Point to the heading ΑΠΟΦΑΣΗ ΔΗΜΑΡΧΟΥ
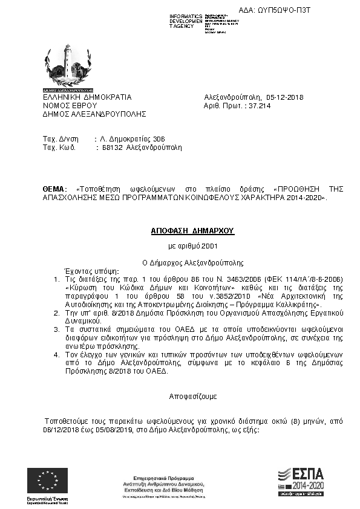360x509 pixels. tap(192, 231)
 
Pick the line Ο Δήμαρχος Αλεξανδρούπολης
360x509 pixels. tap(192, 263)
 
